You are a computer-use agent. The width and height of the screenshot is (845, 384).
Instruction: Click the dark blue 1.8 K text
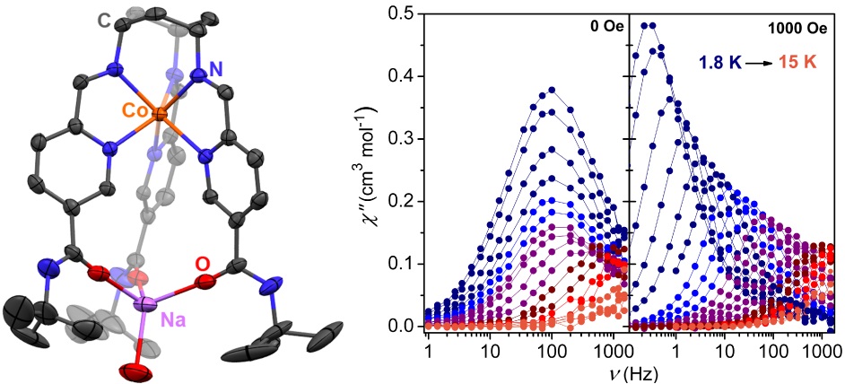pos(725,64)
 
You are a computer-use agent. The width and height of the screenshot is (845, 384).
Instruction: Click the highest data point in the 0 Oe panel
pos(552,90)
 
